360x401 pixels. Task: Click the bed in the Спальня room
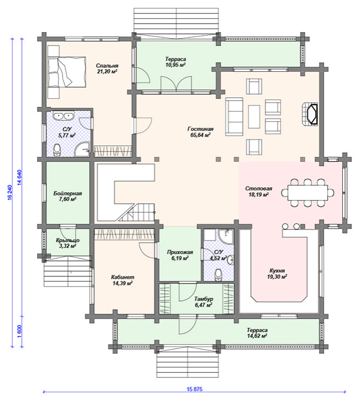[66, 72]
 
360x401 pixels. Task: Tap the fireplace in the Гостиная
[310, 114]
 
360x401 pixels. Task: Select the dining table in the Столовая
[308, 192]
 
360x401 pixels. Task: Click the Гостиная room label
[200, 129]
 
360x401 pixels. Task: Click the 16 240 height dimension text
[10, 192]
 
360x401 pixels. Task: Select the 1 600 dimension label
[20, 331]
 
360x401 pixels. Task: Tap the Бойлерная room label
[67, 194]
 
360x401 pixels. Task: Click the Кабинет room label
[122, 277]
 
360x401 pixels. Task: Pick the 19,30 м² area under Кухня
[277, 276]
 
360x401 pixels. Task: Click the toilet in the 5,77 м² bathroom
[57, 150]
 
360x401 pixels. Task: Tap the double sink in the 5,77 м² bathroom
[64, 116]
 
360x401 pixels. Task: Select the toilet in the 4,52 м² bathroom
[218, 275]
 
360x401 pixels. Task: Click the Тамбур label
[204, 299]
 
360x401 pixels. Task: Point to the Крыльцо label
[67, 240]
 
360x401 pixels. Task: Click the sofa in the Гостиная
[234, 117]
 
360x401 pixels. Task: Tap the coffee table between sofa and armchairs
[254, 117]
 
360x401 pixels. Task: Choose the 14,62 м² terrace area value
[257, 336]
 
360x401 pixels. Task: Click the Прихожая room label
[180, 252]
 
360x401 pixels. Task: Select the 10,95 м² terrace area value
[175, 65]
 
